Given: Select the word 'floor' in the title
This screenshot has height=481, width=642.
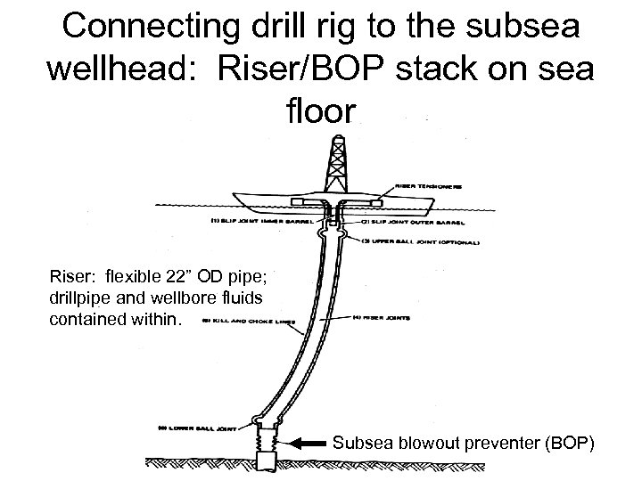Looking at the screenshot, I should click(x=321, y=113).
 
